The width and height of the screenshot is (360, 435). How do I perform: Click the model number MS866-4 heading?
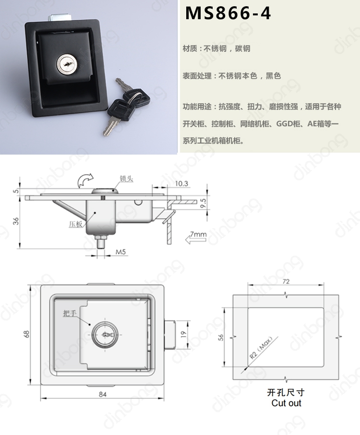[x=228, y=13]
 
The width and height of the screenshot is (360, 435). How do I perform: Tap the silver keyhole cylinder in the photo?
[x=66, y=64]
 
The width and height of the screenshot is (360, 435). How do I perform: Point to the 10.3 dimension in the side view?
[x=181, y=183]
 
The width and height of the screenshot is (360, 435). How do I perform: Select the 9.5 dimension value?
[x=204, y=203]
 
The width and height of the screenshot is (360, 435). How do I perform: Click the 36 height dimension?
[x=16, y=221]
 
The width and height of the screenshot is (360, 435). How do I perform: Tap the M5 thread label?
[x=120, y=252]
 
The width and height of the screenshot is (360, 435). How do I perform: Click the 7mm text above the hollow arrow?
[x=198, y=234]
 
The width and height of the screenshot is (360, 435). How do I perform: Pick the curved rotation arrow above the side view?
[x=85, y=180]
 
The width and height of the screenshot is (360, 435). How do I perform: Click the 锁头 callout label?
[x=126, y=179]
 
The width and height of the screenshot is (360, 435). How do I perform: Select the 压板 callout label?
[x=75, y=224]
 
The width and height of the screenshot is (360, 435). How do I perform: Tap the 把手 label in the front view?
[x=70, y=313]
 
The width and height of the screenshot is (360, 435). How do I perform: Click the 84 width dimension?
[x=103, y=394]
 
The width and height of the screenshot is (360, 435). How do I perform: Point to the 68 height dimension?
[x=26, y=334]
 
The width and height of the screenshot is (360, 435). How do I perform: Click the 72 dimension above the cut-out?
[x=286, y=281]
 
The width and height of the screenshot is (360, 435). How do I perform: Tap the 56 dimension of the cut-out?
[x=220, y=338]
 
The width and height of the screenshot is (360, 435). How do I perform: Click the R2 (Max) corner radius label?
[x=261, y=348]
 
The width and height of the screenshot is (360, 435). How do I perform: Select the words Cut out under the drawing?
[x=286, y=403]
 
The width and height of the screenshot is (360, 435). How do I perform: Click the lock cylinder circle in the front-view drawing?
[x=105, y=335]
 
